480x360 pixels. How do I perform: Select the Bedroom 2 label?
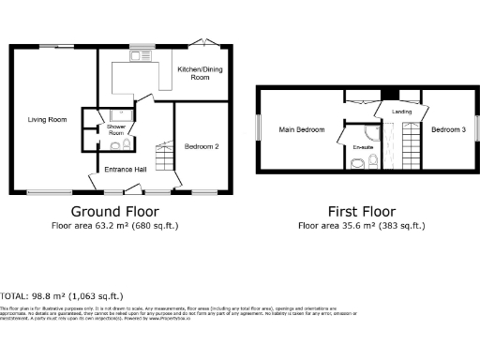point(202,147)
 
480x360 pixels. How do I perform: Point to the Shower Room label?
point(116,130)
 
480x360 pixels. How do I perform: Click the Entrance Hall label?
point(123,169)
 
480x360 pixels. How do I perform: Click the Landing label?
point(401,112)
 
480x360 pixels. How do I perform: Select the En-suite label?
point(362,147)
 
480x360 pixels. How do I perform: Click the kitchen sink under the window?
point(142,55)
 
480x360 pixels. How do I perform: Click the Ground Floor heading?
point(114,211)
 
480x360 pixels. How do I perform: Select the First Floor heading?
point(361,211)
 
